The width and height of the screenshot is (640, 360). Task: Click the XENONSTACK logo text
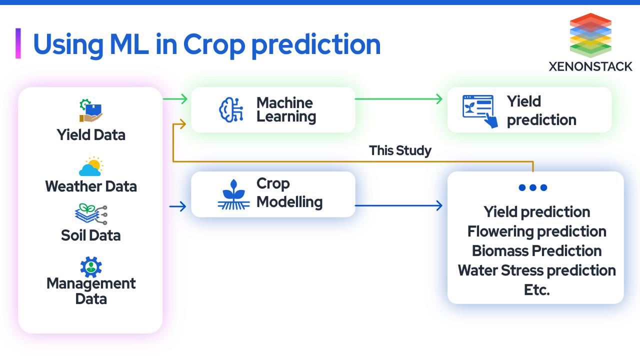590,66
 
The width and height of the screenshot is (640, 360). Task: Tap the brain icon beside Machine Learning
231,109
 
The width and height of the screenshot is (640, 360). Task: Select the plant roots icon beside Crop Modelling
233,194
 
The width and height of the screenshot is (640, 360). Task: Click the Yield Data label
91,135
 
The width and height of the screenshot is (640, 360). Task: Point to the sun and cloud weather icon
90,167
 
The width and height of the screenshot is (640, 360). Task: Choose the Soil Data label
91,235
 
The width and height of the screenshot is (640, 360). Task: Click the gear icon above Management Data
91,267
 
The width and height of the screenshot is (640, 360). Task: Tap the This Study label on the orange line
400,150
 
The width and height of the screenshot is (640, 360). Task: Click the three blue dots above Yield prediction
532,187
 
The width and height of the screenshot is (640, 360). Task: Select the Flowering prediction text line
536,231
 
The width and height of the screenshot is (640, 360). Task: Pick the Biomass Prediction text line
536,251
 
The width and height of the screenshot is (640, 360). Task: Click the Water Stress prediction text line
536,270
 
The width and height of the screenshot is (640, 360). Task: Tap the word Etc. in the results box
536,290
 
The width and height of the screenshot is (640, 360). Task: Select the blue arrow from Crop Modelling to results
400,205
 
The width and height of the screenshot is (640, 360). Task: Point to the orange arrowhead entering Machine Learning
183,123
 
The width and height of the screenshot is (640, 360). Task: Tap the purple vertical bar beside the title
18,43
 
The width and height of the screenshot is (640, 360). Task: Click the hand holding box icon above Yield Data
90,111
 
